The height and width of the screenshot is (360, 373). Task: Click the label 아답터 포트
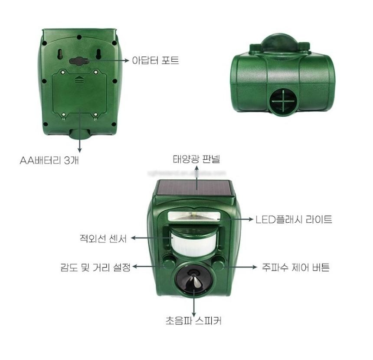coord(155,60)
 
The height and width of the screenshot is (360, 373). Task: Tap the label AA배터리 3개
coord(49,160)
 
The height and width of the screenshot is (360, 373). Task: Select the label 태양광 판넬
coord(196,159)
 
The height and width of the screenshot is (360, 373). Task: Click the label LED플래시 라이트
coord(294,219)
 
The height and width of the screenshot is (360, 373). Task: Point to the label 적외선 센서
coord(103,238)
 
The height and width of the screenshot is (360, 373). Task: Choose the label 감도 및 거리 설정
coord(95,267)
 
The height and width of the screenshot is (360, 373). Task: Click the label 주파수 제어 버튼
coord(296,268)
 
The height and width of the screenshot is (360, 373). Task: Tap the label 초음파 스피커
coord(193,320)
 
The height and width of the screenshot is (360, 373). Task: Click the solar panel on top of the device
coord(195,188)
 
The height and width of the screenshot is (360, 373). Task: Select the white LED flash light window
coord(194,216)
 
